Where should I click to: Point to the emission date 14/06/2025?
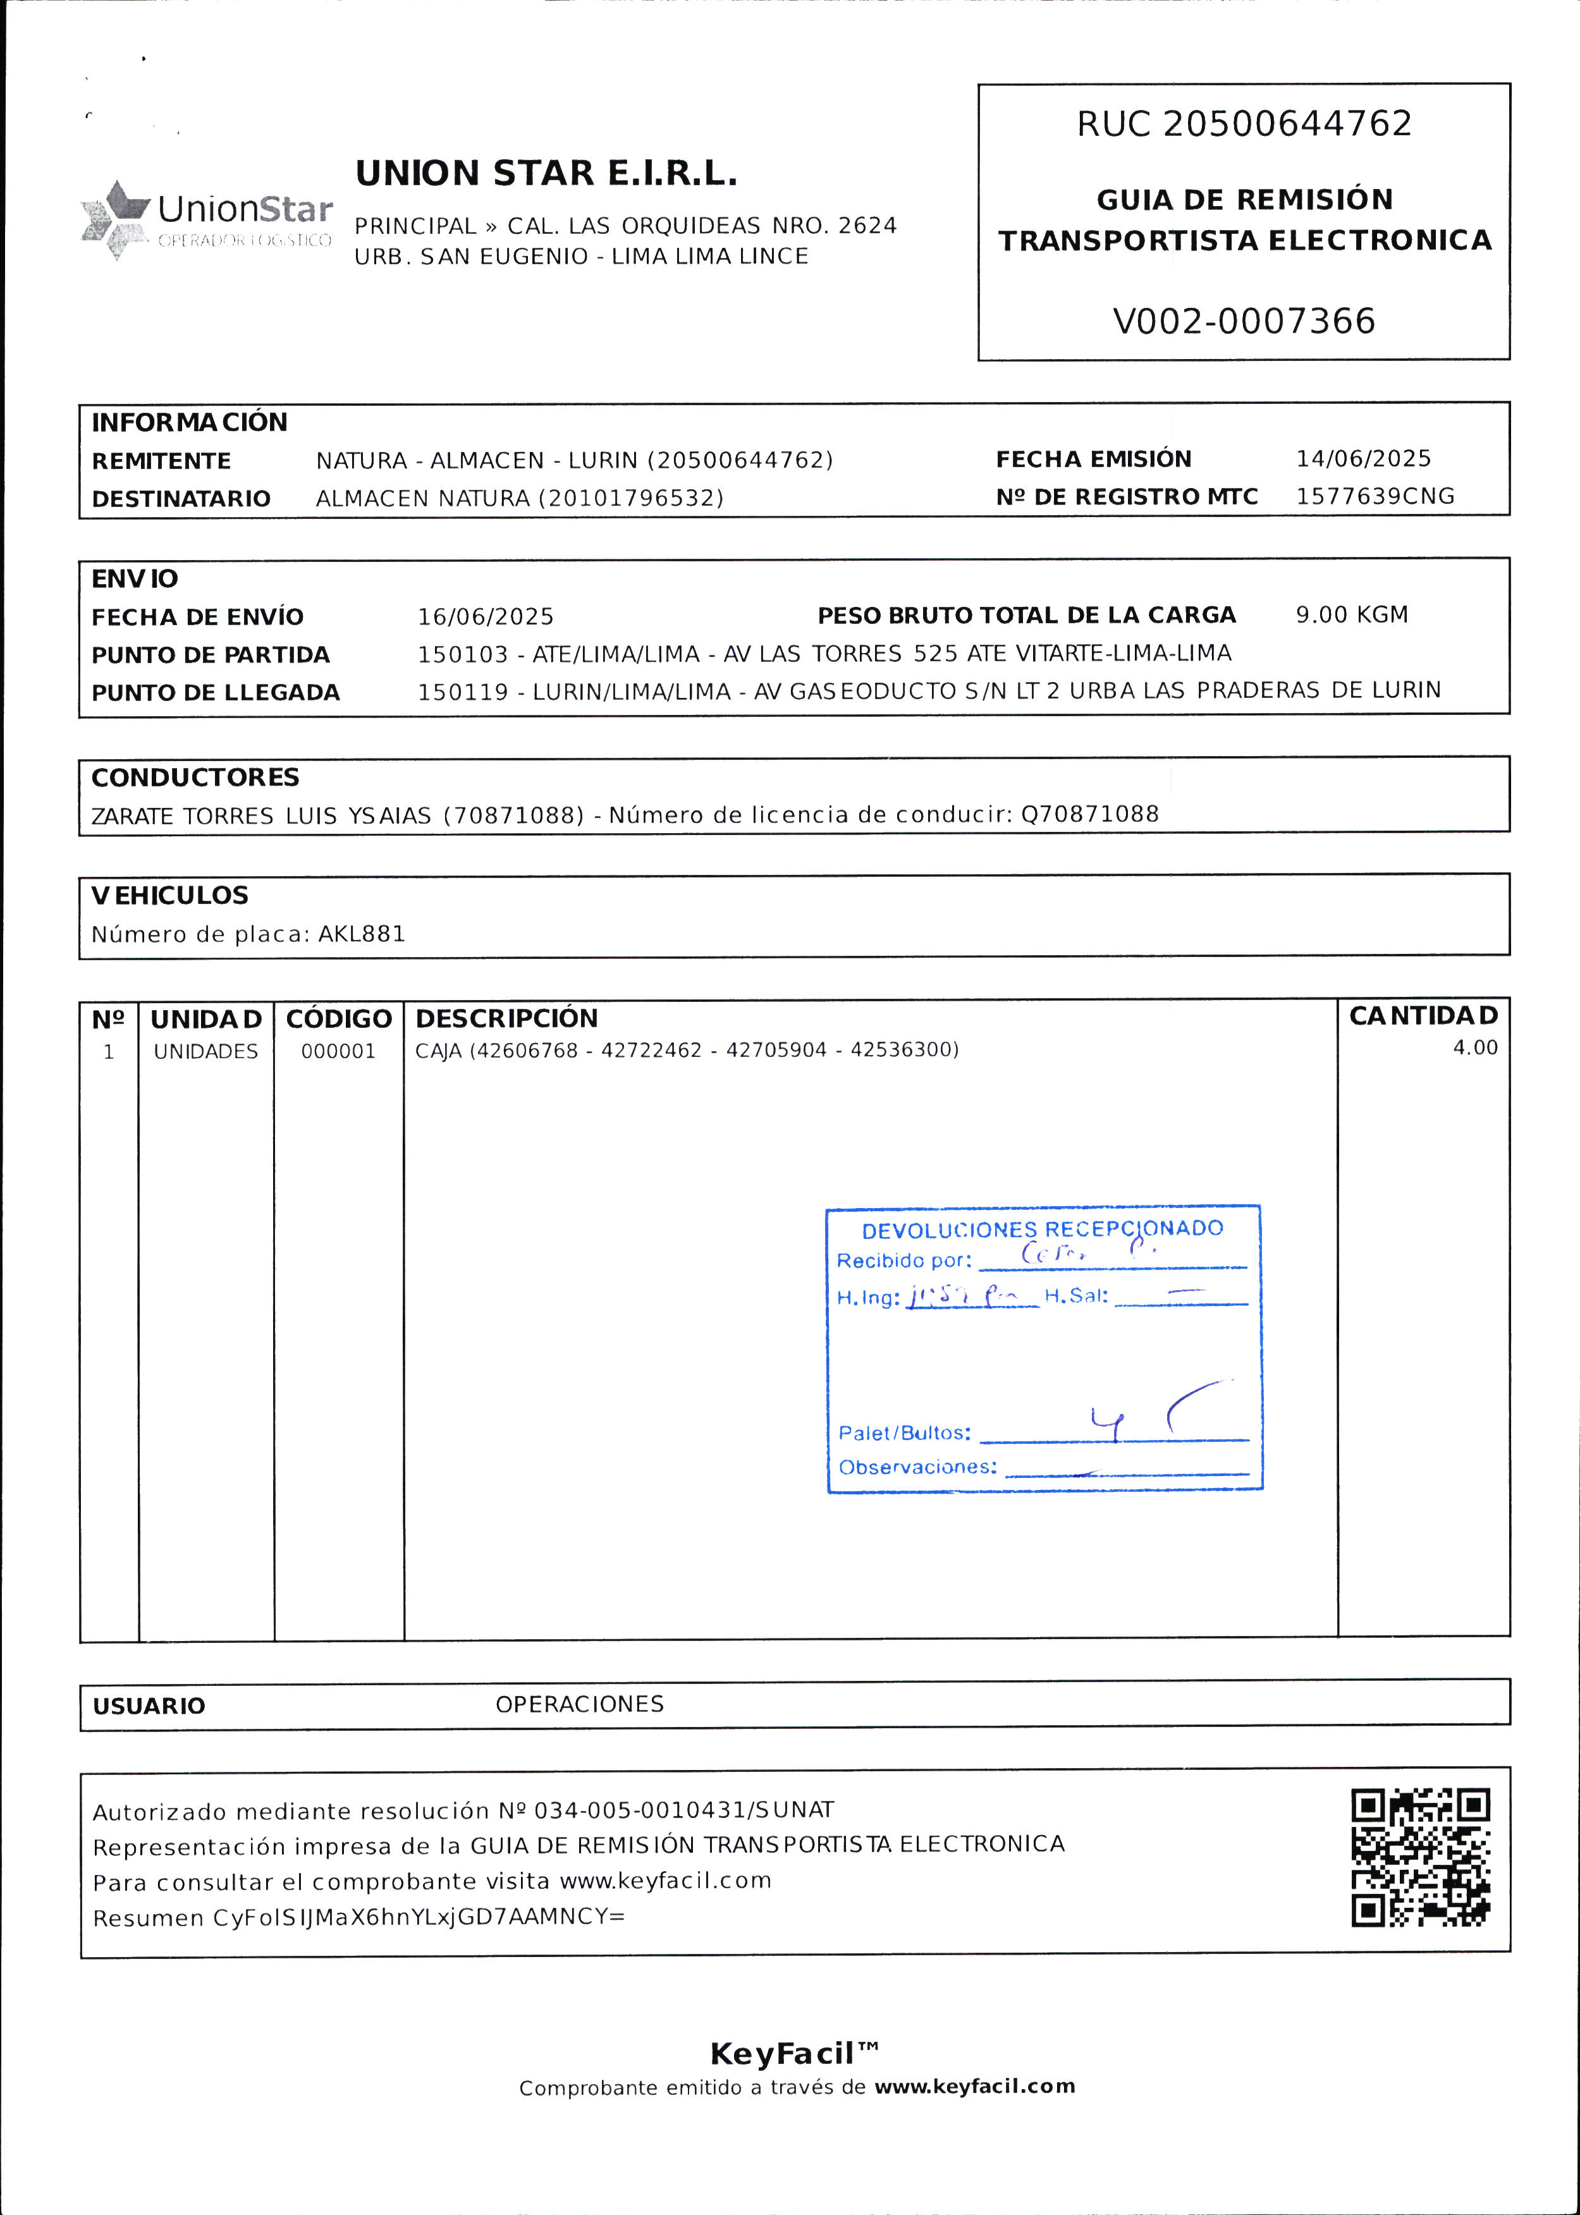(1363, 458)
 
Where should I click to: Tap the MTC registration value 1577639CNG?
(1375, 496)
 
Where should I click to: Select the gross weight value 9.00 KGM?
(1351, 615)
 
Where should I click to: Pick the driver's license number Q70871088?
(1089, 814)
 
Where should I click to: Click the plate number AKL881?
(361, 934)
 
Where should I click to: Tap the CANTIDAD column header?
(1423, 1016)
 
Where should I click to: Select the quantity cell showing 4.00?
(1475, 1047)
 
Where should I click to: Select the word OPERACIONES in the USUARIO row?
(579, 1704)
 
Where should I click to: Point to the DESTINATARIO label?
(181, 499)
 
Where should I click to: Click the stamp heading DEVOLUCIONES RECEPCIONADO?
(1042, 1230)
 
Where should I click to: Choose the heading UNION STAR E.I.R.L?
(546, 174)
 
